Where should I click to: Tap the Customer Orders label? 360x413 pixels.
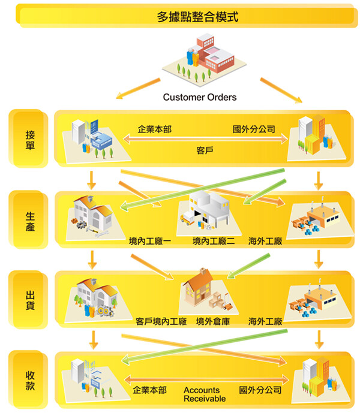coord(200,97)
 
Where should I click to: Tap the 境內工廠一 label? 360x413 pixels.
coord(150,241)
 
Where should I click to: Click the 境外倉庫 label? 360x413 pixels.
coord(213,322)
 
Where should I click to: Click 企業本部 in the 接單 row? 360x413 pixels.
coord(154,129)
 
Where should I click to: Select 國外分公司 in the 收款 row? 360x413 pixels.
coord(260,390)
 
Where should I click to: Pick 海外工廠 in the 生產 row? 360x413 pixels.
coord(265,241)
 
